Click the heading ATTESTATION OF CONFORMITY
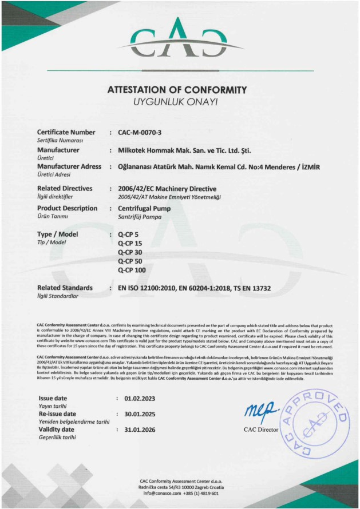pos(177,90)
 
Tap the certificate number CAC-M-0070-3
pos(140,133)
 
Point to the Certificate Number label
pos(66,133)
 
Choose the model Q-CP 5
pos(128,236)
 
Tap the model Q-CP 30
pos(130,252)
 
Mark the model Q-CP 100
pos(132,269)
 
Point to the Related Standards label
pos(65,288)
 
